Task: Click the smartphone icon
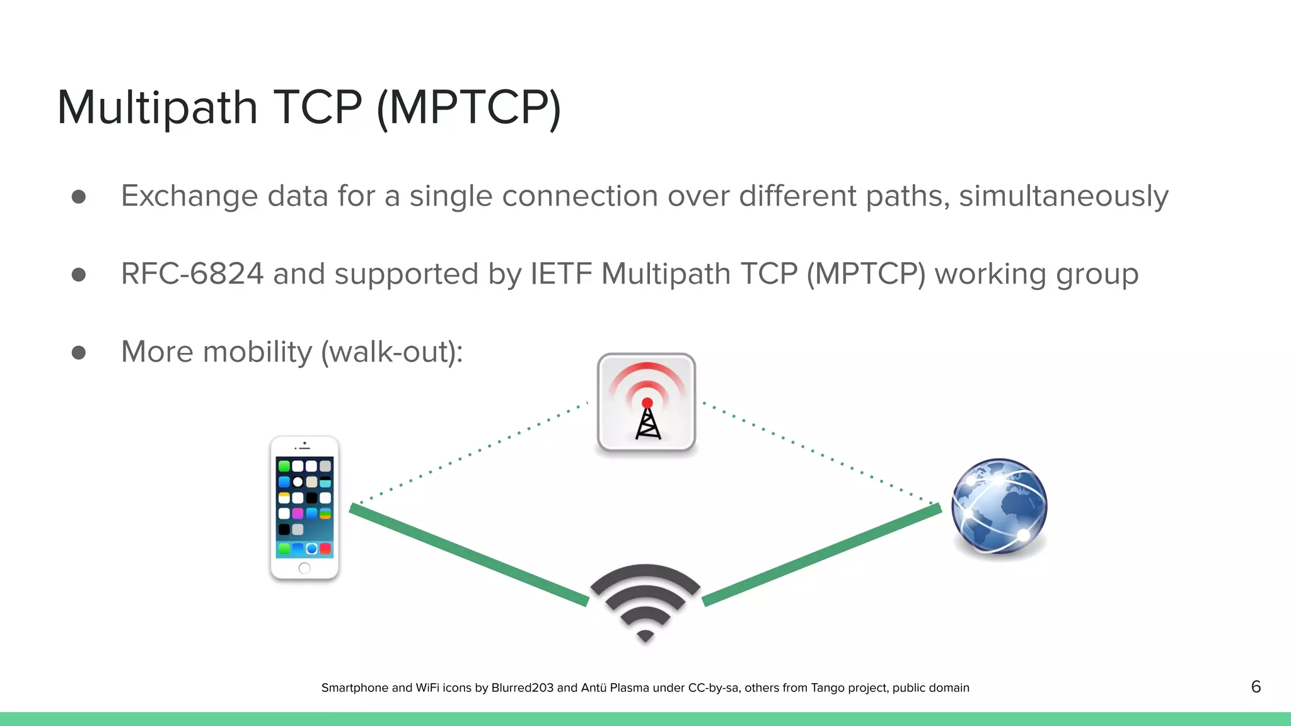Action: click(304, 507)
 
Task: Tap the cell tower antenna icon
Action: click(646, 403)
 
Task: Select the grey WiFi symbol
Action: click(645, 602)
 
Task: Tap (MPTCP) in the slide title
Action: click(468, 108)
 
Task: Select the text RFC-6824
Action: click(192, 274)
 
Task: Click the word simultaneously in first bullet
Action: click(1063, 196)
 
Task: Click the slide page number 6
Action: click(1256, 687)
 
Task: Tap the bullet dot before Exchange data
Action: click(79, 197)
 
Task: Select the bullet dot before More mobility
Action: click(79, 352)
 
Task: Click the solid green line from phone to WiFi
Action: click(470, 555)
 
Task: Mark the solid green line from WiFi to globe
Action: click(822, 555)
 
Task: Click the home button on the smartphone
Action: click(304, 568)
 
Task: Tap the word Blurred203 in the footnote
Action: click(522, 688)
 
